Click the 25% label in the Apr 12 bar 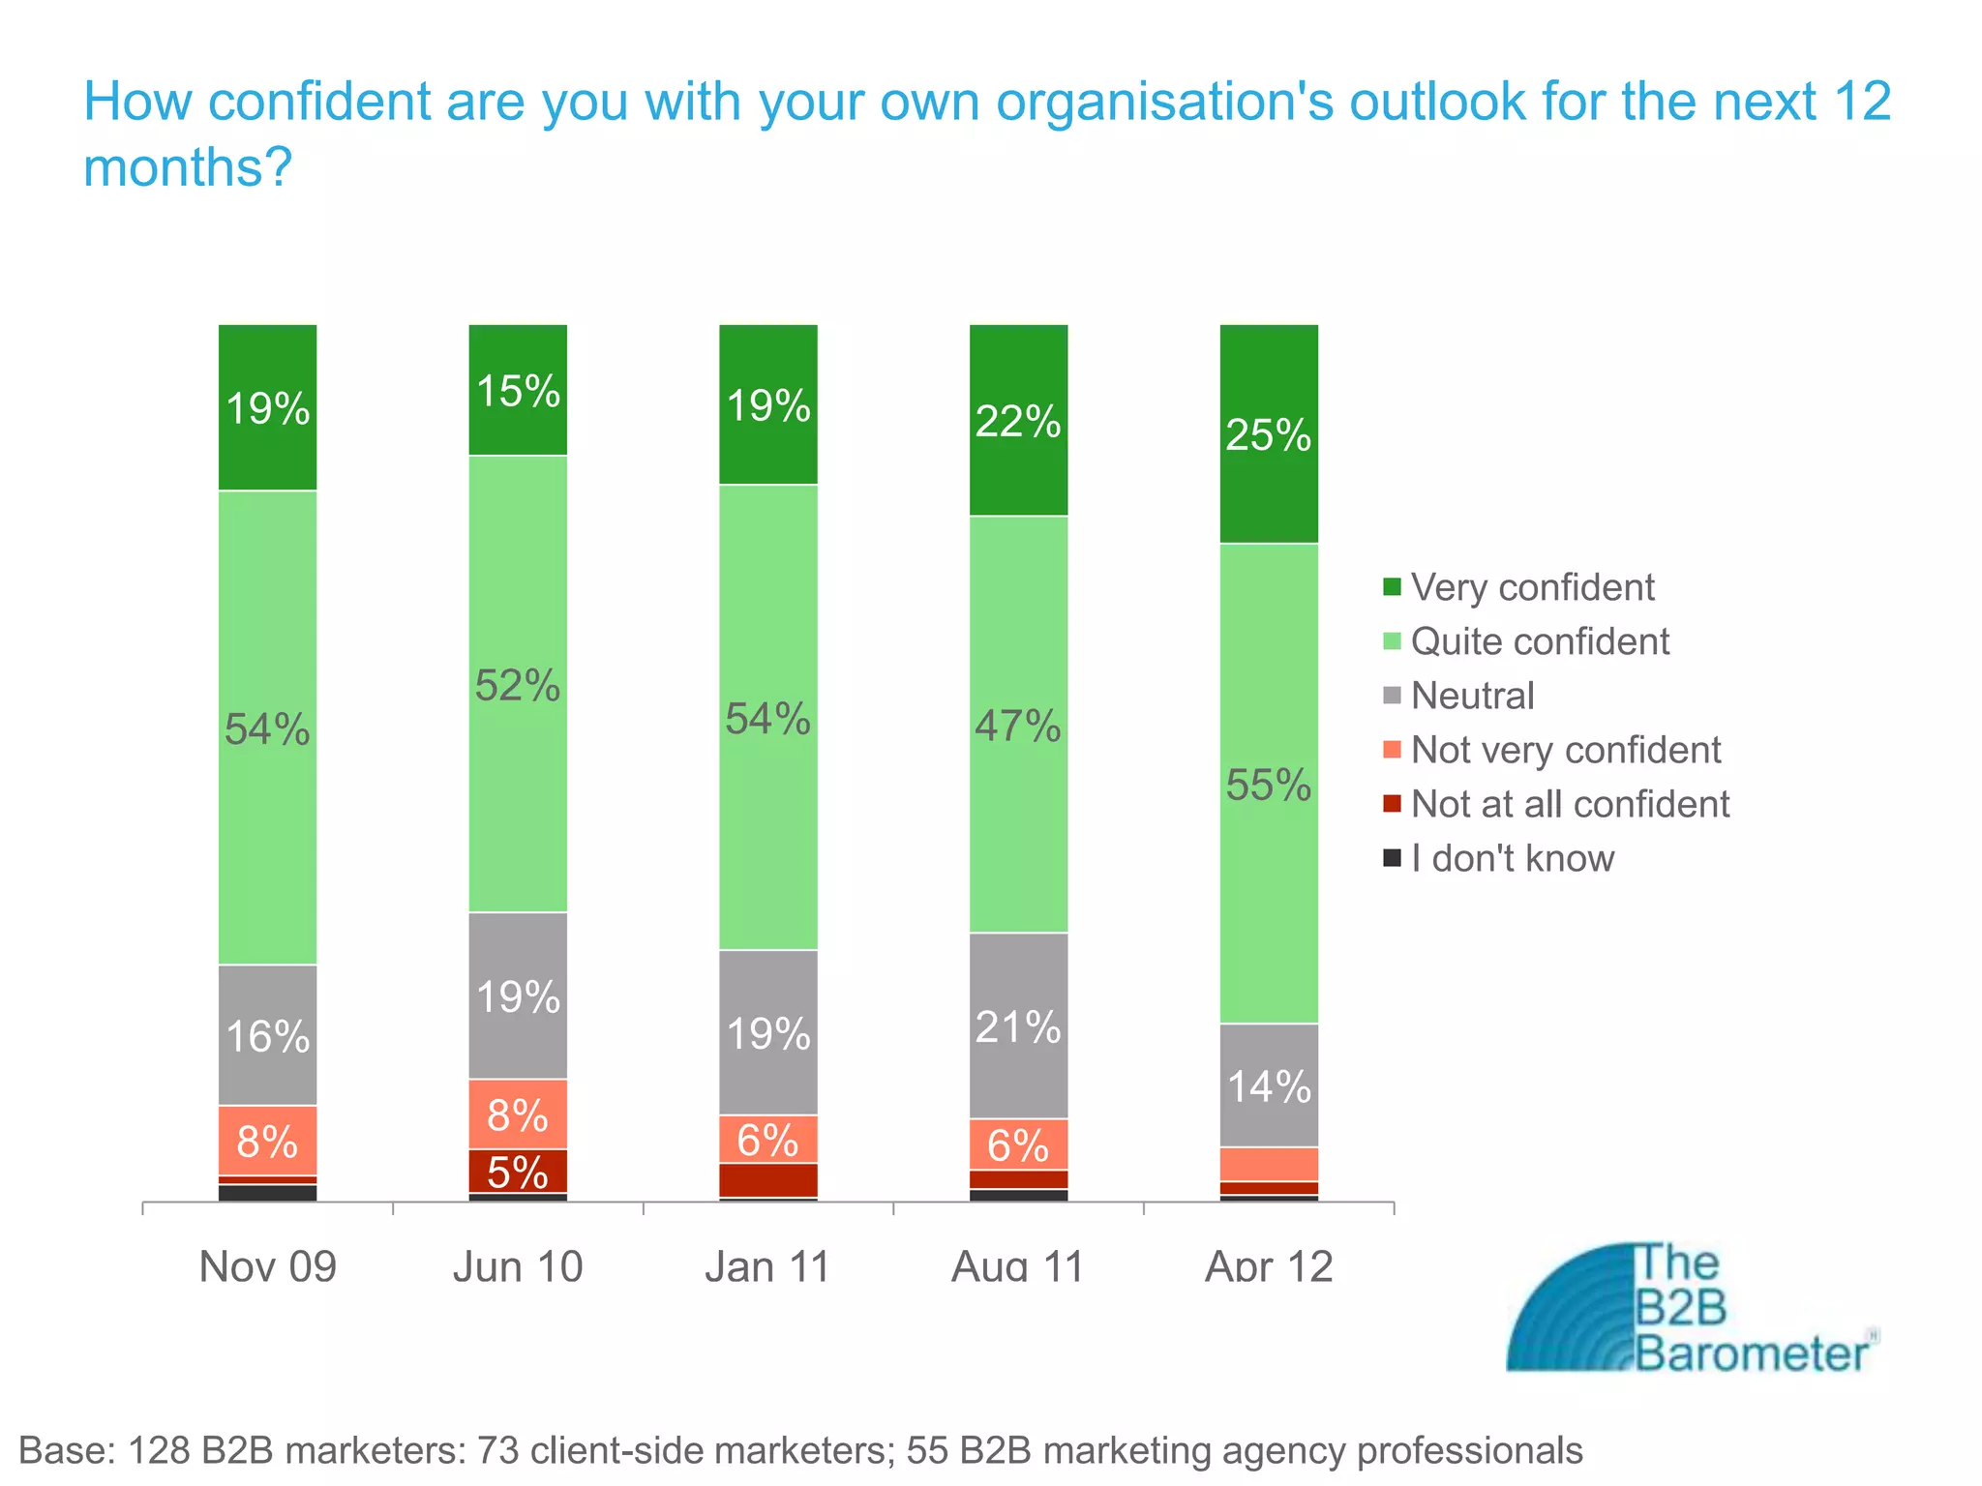1268,435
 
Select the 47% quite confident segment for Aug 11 1018,725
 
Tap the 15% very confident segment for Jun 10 518,391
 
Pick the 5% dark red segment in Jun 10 518,1172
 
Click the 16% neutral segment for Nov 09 267,1036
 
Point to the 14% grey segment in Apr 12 1269,1086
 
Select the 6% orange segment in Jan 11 767,1140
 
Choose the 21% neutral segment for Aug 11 1018,1026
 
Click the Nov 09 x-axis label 267,1266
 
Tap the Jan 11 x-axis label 767,1266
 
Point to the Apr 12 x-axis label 1269,1266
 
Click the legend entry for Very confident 1532,587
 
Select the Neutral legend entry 1472,696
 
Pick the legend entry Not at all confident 1569,804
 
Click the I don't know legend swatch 1392,858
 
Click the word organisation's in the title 1164,102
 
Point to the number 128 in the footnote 159,1450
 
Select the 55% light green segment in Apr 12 1269,784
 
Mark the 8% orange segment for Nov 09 267,1141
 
